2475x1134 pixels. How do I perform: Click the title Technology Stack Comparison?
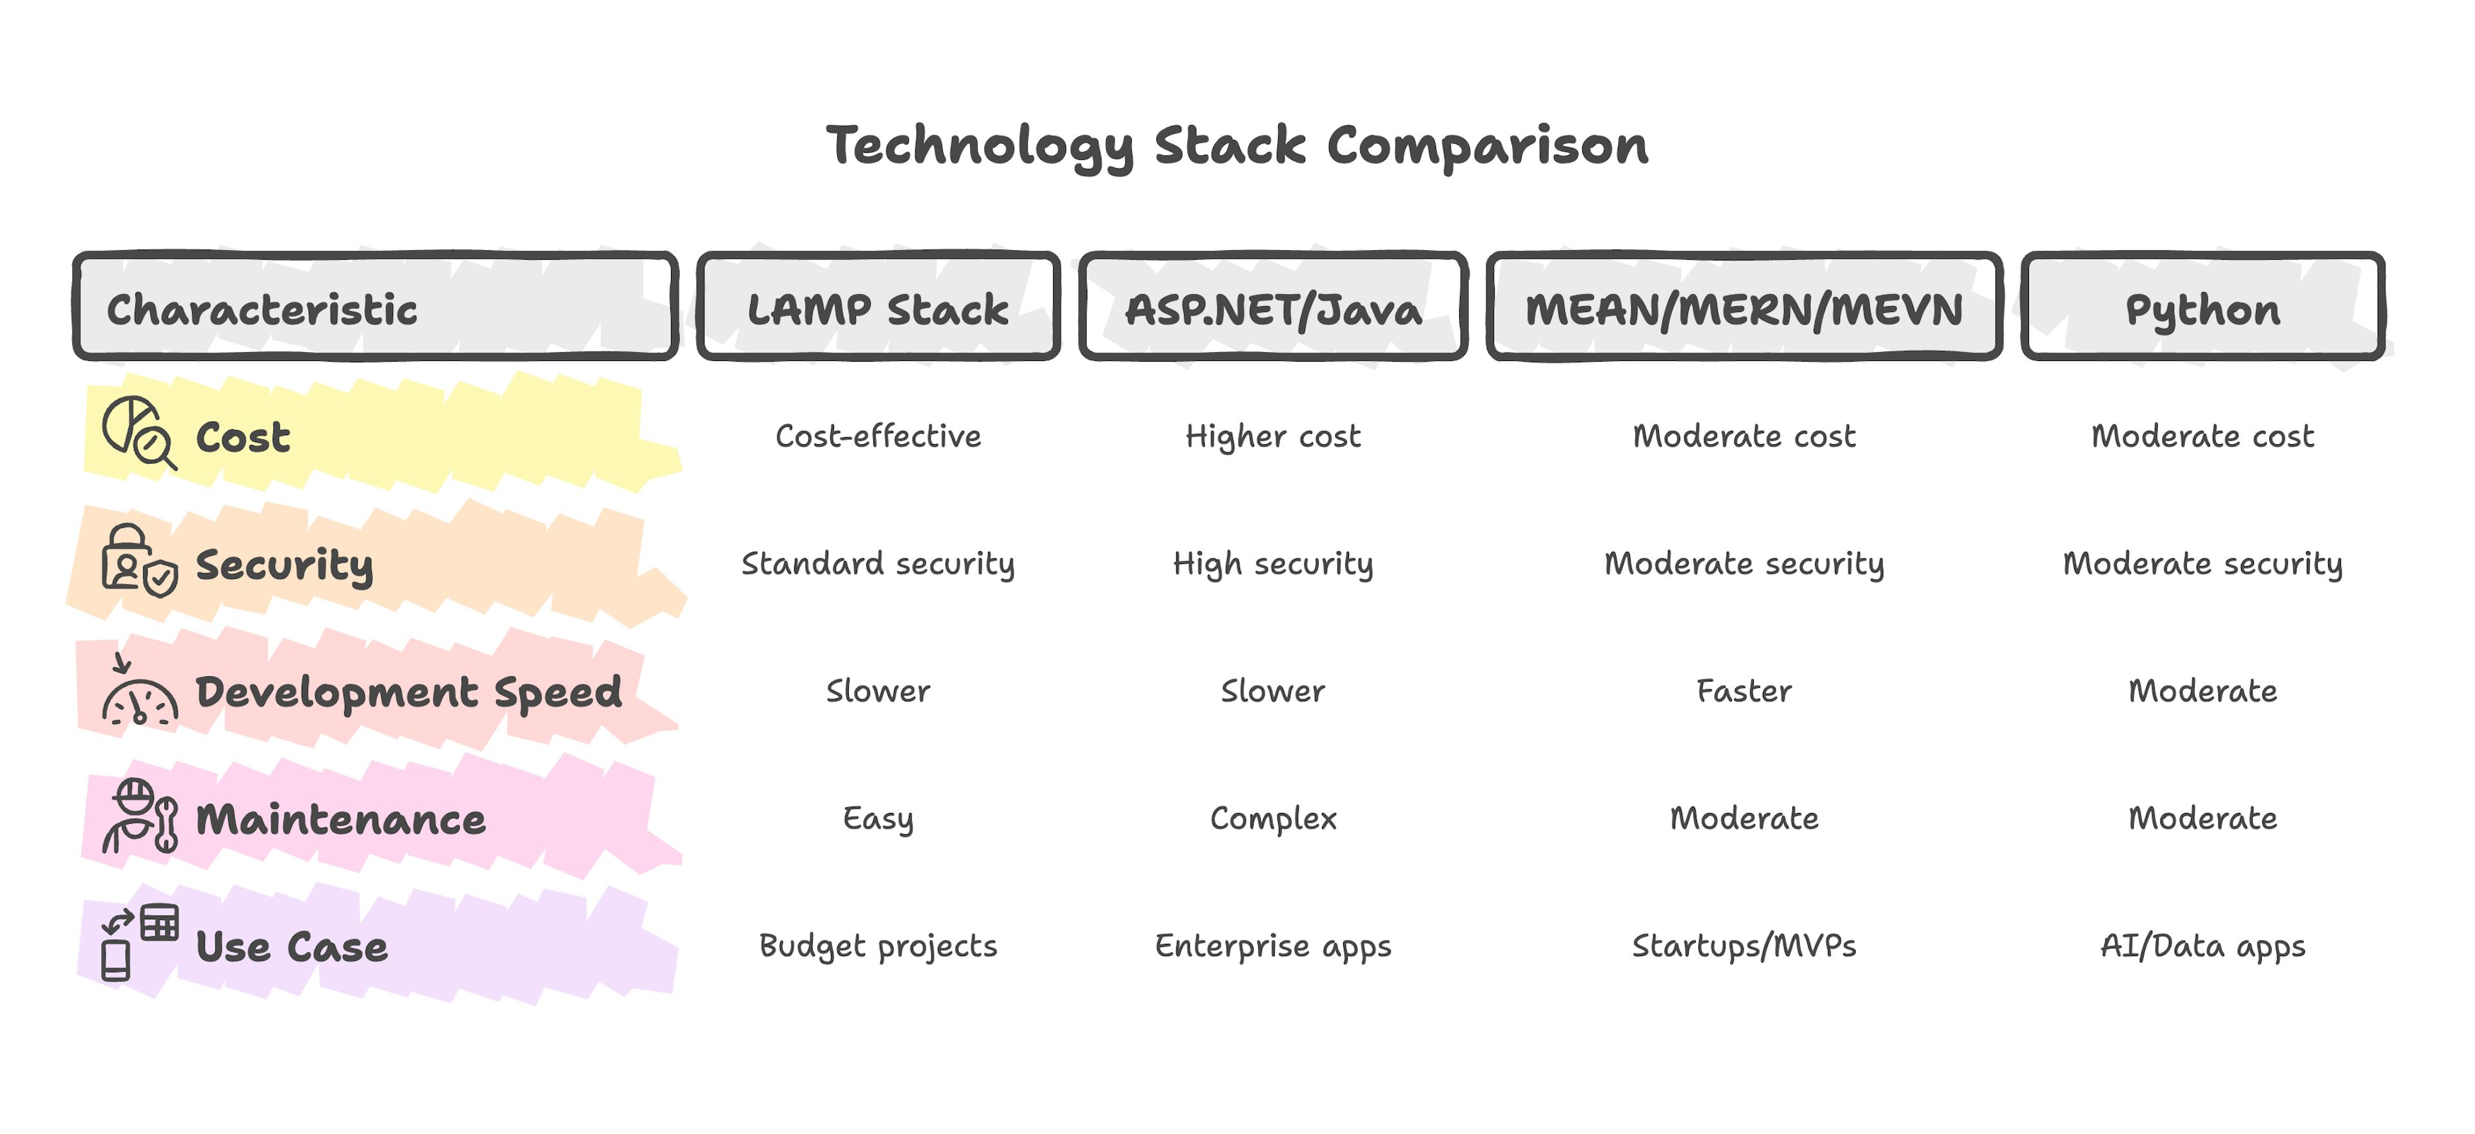point(1237,146)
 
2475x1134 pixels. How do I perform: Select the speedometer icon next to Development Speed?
point(139,694)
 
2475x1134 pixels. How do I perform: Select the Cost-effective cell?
point(878,436)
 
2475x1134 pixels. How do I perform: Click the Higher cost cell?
point(1273,436)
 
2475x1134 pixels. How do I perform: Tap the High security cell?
point(1273,564)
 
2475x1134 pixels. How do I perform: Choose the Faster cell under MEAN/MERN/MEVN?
point(1744,691)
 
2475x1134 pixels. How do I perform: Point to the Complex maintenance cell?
point(1273,819)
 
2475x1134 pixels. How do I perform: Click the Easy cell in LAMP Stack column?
point(878,819)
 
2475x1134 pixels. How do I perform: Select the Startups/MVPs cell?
point(1744,946)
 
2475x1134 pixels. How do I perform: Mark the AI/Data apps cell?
point(2202,946)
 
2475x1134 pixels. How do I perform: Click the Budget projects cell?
point(878,946)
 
